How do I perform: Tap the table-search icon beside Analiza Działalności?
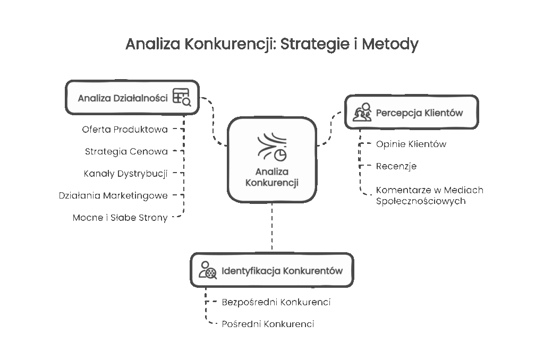(182, 97)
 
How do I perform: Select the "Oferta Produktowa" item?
(125, 130)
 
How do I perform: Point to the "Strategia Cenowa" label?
(126, 151)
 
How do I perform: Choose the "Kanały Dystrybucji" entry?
(125, 173)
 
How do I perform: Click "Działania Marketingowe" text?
(113, 195)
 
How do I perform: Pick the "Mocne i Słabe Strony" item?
(120, 218)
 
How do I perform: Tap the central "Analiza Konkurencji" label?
(271, 177)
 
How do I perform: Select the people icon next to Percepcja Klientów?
(362, 113)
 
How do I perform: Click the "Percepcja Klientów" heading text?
(419, 113)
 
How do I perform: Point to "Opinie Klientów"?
(411, 144)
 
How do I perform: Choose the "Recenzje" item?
(396, 166)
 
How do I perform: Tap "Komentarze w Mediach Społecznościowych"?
(429, 195)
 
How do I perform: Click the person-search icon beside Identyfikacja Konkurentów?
(207, 270)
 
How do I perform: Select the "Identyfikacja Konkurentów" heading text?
(282, 271)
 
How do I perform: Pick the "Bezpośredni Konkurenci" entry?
(276, 302)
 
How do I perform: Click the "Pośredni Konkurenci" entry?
(267, 324)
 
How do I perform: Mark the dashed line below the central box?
(272, 227)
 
